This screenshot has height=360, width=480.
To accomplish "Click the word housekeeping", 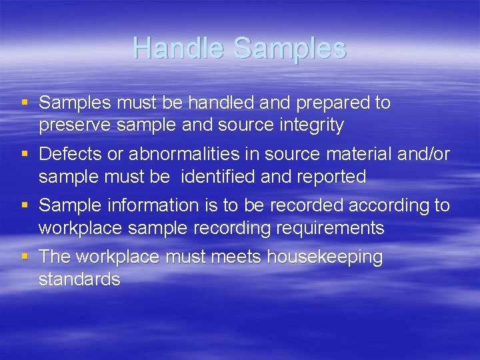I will coord(325,257).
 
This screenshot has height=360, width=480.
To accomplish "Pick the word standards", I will coord(79,279).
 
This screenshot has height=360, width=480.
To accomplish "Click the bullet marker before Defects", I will coord(25,155).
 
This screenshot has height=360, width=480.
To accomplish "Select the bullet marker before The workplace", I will coord(25,257).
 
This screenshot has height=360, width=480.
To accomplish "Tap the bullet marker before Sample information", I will coord(25,206).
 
